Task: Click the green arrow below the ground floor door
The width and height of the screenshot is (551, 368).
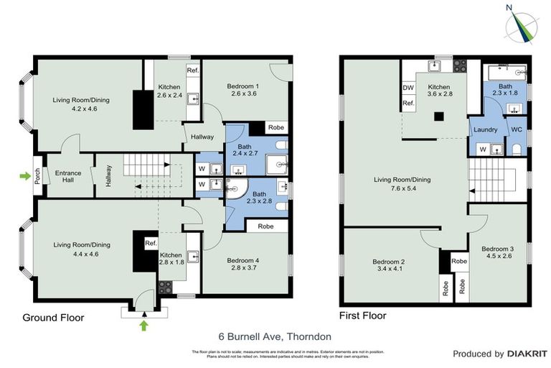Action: (x=143, y=326)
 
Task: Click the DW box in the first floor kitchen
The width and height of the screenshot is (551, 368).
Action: (x=408, y=88)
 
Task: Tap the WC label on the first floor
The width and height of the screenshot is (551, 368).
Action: (x=516, y=130)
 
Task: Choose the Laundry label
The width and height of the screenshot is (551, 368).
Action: (x=486, y=130)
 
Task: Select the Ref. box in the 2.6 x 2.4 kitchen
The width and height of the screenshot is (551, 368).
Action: (x=192, y=70)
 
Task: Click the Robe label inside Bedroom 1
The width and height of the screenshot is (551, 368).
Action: (x=275, y=128)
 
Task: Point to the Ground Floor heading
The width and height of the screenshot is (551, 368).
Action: (x=53, y=318)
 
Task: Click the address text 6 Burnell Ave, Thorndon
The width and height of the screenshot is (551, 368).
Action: (x=275, y=336)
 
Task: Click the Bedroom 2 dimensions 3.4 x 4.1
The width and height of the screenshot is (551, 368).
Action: (x=390, y=270)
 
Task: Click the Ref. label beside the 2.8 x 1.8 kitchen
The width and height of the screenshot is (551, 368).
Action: (x=151, y=243)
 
